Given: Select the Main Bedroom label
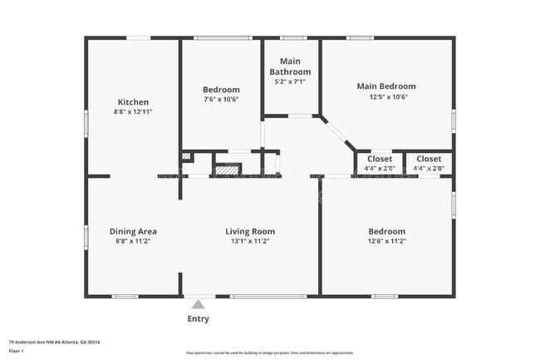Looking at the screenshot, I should [x=386, y=86].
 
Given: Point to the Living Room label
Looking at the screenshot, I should [x=250, y=232].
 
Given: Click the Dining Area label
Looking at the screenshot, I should [x=133, y=232].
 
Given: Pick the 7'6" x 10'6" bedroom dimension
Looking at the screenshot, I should [x=221, y=99].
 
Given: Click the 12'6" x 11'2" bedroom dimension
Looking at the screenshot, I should [x=387, y=241].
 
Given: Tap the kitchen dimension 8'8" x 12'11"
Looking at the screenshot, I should [x=133, y=111].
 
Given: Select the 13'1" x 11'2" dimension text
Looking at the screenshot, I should [x=250, y=241].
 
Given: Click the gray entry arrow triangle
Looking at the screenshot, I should [x=198, y=304].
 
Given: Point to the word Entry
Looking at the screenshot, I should [x=199, y=318].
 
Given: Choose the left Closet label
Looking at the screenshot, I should [x=380, y=159].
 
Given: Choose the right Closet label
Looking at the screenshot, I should [x=429, y=159].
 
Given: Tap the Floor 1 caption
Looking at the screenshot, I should [x=17, y=350].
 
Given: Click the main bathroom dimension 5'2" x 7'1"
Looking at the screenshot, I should [x=290, y=81].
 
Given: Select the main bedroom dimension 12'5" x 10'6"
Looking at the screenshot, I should [x=386, y=96].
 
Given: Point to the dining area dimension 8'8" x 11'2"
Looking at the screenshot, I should [x=133, y=241].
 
